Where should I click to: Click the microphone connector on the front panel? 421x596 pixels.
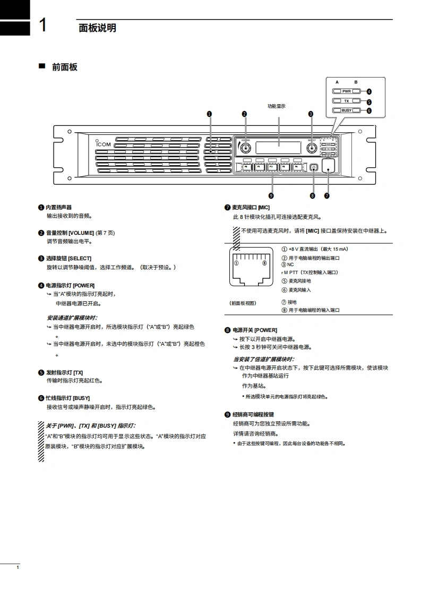click(330, 166)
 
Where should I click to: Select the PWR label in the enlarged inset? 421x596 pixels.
click(347, 91)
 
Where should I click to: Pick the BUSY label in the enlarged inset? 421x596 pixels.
click(347, 110)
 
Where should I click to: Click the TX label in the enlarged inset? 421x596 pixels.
click(347, 101)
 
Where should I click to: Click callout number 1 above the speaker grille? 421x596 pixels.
click(210, 114)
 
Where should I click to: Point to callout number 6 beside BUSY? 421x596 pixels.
click(369, 111)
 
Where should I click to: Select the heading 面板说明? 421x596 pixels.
click(97, 28)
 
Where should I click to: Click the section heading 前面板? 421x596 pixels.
click(64, 67)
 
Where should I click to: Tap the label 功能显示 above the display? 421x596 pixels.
click(276, 106)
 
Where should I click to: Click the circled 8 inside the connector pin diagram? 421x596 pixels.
click(264, 263)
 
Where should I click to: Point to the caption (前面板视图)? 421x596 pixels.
click(243, 303)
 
